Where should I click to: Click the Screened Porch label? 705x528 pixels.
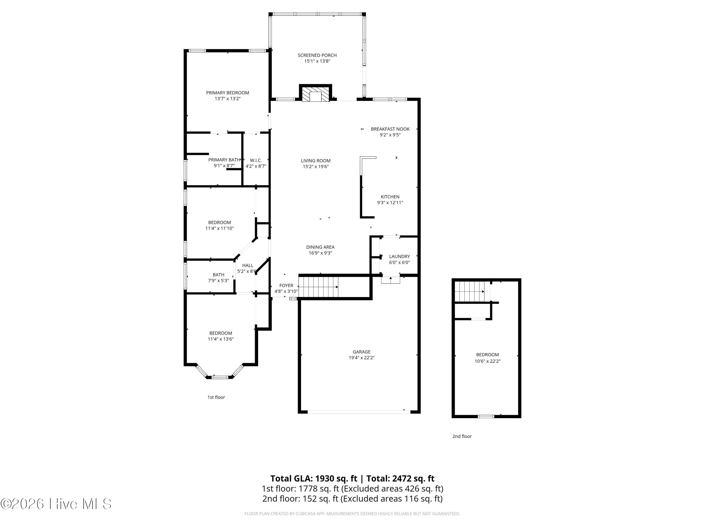coord(317,55)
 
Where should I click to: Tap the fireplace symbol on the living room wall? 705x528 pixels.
coord(315,95)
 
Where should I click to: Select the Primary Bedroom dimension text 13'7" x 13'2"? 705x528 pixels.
coord(227,99)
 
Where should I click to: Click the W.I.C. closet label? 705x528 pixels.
coord(256,161)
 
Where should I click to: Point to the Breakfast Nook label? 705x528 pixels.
coord(390,129)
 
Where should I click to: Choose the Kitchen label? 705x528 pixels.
coord(390,197)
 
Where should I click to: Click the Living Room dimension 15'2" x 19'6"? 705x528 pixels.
coord(316,166)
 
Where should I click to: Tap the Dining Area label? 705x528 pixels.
coord(320,247)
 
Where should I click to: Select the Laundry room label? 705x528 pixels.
coord(399,256)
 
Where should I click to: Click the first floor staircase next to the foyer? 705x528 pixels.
coord(318,287)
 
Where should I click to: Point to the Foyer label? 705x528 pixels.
coord(286,286)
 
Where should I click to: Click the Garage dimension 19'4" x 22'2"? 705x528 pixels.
coord(361,357)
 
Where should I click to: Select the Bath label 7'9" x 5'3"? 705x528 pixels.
coord(218,278)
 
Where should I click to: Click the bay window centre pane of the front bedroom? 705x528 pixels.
coord(220,377)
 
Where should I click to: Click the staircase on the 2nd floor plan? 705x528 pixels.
coord(469,291)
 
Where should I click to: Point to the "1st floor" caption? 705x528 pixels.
coord(216,397)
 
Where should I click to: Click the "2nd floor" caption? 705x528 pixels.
coord(462,436)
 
